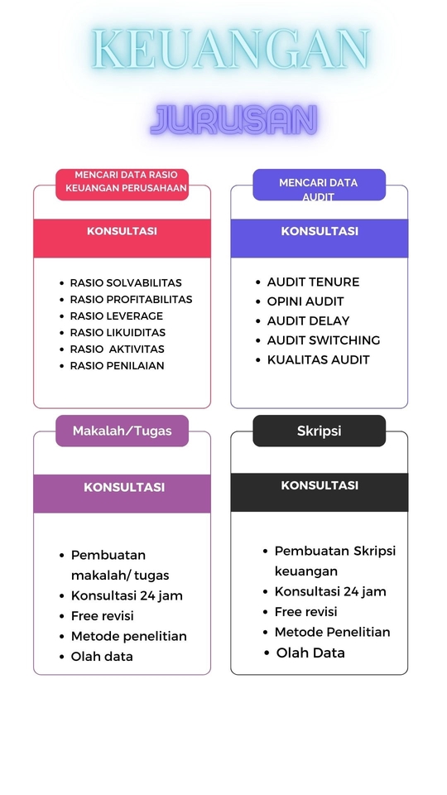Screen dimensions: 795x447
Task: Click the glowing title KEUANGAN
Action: [x=230, y=50]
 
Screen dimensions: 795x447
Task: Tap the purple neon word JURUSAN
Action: [x=233, y=120]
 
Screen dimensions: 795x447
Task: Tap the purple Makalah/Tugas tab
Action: [x=122, y=431]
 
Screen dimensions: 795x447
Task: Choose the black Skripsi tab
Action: [x=319, y=431]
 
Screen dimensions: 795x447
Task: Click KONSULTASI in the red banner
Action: [x=122, y=231]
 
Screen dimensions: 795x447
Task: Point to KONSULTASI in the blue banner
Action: [x=320, y=231]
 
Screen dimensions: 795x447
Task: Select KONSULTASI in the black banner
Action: [x=320, y=485]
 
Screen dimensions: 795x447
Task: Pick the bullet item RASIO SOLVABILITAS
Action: [x=126, y=282]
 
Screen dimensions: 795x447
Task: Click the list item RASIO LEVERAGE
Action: [x=117, y=316]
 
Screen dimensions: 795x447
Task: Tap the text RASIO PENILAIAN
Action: [x=117, y=365]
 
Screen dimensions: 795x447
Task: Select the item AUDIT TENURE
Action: [x=313, y=282]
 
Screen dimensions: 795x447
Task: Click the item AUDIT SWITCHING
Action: [x=324, y=340]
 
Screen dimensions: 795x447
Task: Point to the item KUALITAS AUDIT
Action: [x=319, y=359]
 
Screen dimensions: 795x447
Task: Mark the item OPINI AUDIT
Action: [x=305, y=301]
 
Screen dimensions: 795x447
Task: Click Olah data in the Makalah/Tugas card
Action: [x=102, y=656]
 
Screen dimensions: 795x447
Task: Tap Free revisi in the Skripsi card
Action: [x=305, y=611]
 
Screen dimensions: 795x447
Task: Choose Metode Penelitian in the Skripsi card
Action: [x=332, y=632]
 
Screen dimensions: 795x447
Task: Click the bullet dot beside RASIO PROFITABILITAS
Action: [x=61, y=299]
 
